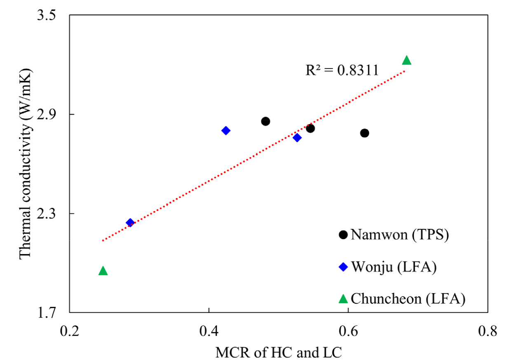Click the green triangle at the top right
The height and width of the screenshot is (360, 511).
point(406,61)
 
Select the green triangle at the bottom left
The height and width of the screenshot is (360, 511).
point(103,271)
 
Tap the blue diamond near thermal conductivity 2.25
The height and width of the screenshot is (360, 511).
point(130,223)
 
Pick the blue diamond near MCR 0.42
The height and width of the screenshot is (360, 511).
point(226,131)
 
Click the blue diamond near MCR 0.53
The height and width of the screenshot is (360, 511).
point(297,138)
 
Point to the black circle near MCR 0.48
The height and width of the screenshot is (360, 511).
point(265,121)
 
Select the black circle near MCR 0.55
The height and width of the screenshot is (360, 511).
point(310,128)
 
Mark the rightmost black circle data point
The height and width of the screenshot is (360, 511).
point(364,133)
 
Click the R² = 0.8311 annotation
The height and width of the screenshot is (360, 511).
point(342,71)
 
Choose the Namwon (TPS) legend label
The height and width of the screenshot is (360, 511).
point(399,235)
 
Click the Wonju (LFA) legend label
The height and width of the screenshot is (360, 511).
point(394,267)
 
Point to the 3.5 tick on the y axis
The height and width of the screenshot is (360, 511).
point(53,15)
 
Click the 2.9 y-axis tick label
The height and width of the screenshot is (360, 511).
point(53,114)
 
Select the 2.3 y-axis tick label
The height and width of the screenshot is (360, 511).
point(53,214)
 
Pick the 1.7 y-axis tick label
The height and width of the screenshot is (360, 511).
point(53,313)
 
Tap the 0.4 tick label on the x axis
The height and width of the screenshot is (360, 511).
point(209,331)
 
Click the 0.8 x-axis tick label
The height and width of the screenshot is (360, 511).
point(488,331)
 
